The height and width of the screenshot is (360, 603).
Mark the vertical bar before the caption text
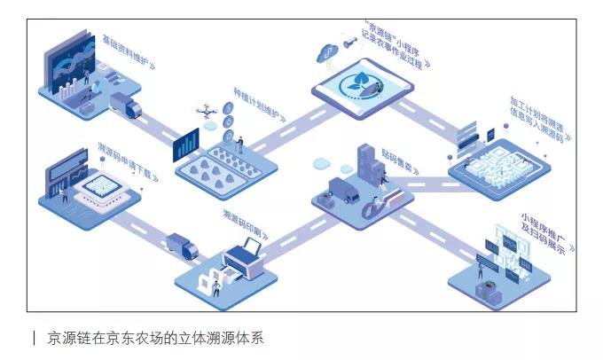(x=34, y=338)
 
